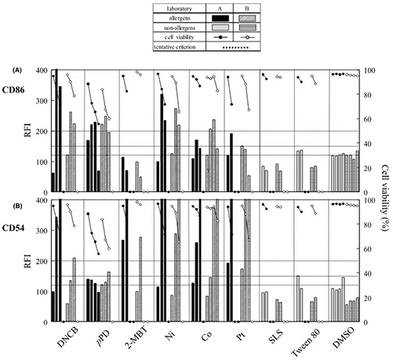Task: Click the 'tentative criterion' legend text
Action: click(164, 46)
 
